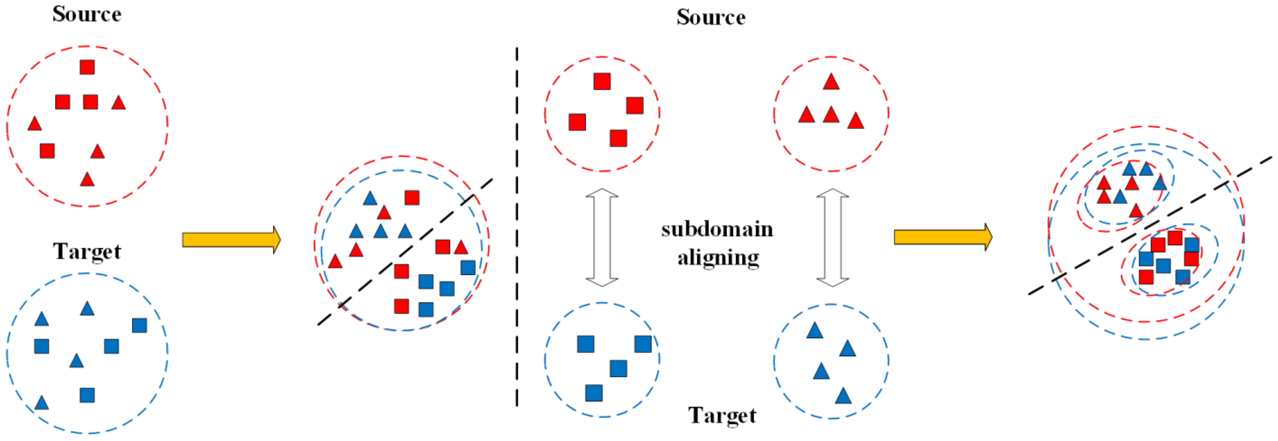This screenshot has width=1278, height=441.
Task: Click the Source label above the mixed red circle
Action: point(87,14)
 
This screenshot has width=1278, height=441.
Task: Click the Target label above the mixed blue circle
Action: point(87,251)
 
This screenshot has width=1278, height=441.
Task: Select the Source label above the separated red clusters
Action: point(711,17)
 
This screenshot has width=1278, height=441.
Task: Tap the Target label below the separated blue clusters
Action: point(722,415)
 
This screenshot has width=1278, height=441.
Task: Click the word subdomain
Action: point(717,230)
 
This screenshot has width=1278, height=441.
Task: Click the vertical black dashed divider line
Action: point(517,228)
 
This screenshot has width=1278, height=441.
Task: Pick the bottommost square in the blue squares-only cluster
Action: point(594,393)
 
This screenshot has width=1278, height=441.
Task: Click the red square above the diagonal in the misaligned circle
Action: point(412,198)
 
